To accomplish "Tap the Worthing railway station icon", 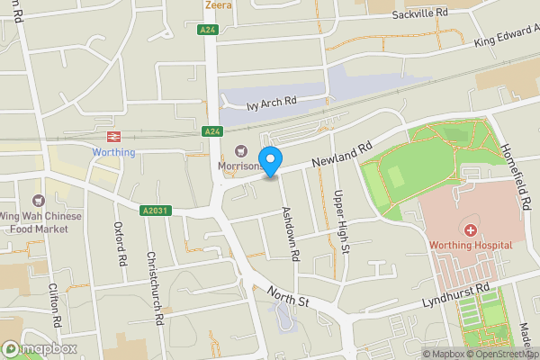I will tap(114, 137).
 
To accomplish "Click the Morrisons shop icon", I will tap(240, 151).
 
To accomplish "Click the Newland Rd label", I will tap(342, 154).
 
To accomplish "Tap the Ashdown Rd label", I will tap(290, 232).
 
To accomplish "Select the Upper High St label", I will tap(339, 220).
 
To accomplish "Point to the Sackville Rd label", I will tap(419, 14).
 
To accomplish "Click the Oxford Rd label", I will tap(119, 243).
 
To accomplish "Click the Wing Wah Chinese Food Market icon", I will tap(38, 201).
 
